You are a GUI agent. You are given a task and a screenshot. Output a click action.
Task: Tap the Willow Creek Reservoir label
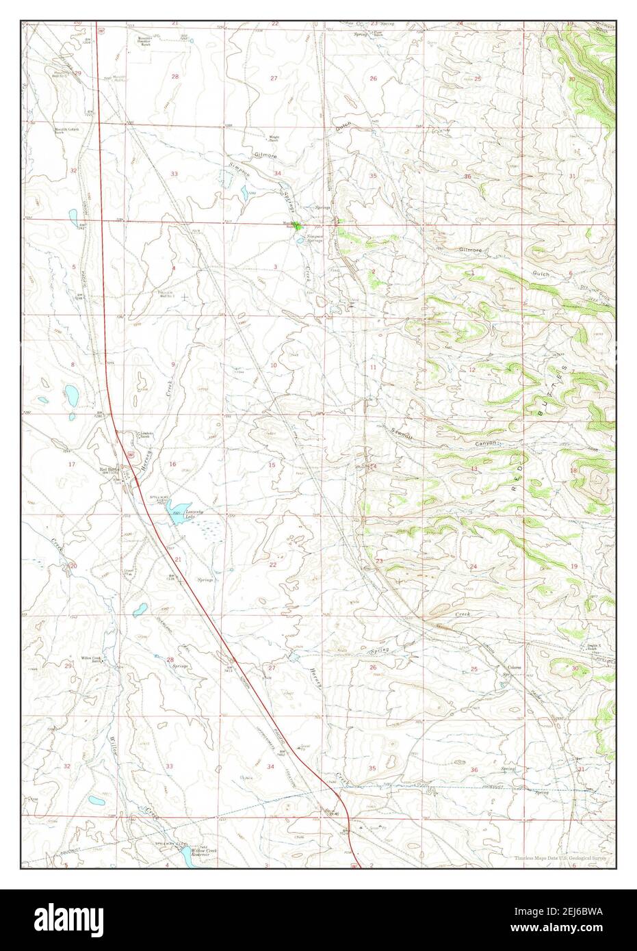click(203, 853)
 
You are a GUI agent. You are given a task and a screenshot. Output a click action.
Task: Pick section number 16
click(172, 465)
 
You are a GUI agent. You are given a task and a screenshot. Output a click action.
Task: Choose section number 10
click(273, 365)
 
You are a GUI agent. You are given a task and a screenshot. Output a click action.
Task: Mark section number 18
click(573, 471)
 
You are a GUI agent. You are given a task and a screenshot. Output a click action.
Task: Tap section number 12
click(472, 369)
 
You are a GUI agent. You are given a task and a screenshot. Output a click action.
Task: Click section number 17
click(72, 465)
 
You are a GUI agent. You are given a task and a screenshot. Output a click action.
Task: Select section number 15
click(272, 465)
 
